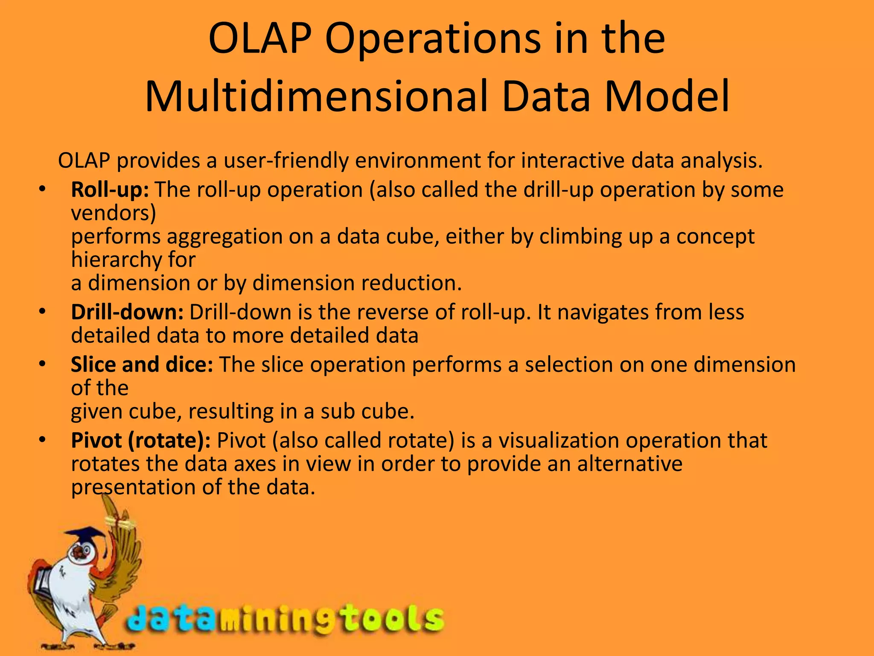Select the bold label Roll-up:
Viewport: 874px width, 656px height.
[x=110, y=190]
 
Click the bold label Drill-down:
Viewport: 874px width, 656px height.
[x=127, y=312]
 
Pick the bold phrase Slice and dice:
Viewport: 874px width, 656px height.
[x=142, y=365]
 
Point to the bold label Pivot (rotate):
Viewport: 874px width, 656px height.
[x=141, y=440]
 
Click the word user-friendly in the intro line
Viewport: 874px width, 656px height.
[x=286, y=161]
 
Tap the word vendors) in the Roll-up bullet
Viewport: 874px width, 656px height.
[x=114, y=213]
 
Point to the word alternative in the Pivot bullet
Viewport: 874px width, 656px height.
[x=629, y=464]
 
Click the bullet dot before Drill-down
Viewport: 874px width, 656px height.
[x=41, y=312]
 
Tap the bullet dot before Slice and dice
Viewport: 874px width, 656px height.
[x=41, y=364]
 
